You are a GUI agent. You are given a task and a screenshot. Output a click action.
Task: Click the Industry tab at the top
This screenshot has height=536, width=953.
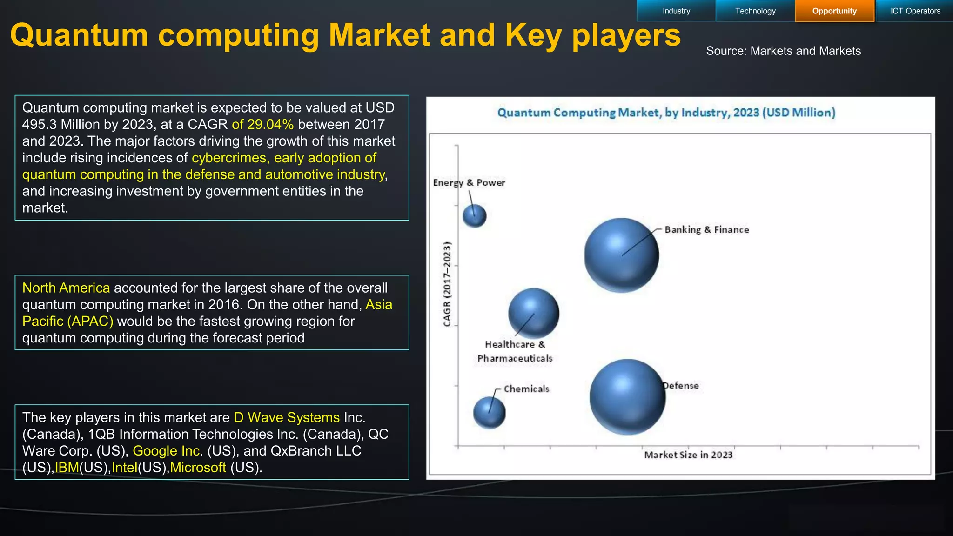(x=676, y=11)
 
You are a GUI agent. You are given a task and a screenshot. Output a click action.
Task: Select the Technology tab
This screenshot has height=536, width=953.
(x=755, y=11)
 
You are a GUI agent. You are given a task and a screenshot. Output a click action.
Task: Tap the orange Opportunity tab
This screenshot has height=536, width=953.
(x=834, y=11)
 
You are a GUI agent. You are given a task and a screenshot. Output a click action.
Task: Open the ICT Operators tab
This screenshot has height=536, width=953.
(x=915, y=11)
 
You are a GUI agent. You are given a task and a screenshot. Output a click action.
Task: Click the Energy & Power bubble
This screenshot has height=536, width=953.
(x=474, y=216)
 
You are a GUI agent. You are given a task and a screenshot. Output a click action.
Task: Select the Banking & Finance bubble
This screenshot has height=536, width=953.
(x=621, y=255)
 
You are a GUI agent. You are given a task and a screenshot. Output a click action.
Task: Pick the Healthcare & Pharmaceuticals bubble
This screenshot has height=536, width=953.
(x=533, y=313)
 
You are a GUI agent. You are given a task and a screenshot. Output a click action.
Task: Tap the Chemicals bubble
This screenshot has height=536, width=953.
(x=489, y=413)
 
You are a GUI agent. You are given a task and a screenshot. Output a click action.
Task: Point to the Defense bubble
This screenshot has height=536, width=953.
(x=627, y=397)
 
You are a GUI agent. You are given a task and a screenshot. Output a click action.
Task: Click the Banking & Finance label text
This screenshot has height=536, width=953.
(x=706, y=229)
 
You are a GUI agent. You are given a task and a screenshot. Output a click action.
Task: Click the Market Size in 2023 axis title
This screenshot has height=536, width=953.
(x=688, y=455)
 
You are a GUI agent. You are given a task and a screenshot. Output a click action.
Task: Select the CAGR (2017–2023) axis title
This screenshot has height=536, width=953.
(x=447, y=284)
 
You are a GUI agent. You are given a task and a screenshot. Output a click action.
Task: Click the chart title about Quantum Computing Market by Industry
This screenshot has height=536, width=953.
(x=666, y=113)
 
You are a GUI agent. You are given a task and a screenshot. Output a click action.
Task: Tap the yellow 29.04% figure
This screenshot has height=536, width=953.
(x=270, y=124)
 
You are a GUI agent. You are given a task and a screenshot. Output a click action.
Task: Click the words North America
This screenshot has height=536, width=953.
(x=66, y=288)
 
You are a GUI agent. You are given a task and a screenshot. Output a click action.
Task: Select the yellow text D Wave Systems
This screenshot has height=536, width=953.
(x=287, y=417)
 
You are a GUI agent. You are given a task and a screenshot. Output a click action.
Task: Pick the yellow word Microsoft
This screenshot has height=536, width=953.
(x=198, y=467)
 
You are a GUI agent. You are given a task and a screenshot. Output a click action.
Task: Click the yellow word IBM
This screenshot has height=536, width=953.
(x=67, y=467)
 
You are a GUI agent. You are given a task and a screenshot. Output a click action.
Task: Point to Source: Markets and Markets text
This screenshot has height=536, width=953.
(x=783, y=51)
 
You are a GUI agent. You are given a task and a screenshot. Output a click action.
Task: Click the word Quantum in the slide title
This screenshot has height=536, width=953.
(x=79, y=35)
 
